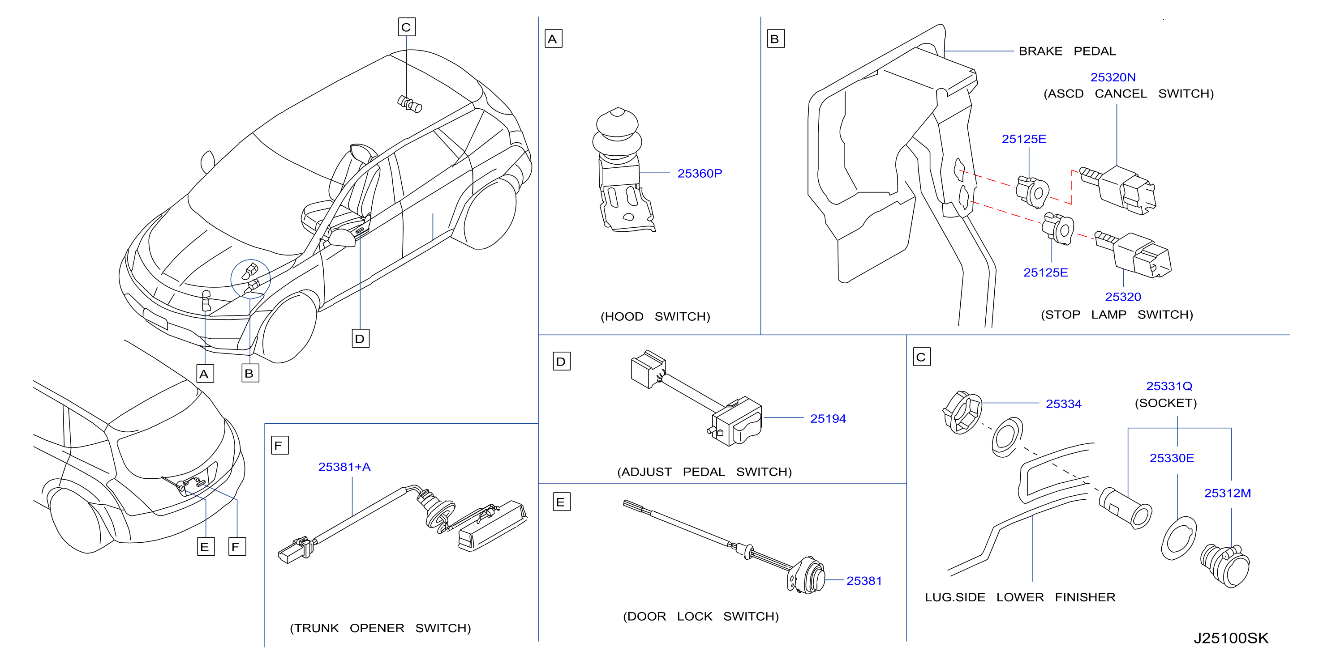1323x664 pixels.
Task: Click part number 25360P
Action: [699, 174]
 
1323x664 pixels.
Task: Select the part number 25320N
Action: [1113, 77]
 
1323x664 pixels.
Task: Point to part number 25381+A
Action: [344, 467]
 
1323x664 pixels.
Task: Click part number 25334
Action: [1063, 404]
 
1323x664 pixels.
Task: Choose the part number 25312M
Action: [1227, 493]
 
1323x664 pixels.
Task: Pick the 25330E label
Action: [1172, 458]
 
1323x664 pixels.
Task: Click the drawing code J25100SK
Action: [1231, 638]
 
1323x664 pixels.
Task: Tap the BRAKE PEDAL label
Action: [1067, 51]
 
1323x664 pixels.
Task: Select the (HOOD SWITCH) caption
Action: [655, 317]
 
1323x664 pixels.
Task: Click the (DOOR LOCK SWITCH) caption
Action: [700, 616]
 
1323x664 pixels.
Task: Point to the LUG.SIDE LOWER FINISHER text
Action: [1020, 597]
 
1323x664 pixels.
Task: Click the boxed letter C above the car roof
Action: [407, 27]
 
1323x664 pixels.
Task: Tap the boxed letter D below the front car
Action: [361, 339]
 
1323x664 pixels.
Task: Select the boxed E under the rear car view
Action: [206, 547]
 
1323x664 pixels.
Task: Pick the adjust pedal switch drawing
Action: [696, 398]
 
